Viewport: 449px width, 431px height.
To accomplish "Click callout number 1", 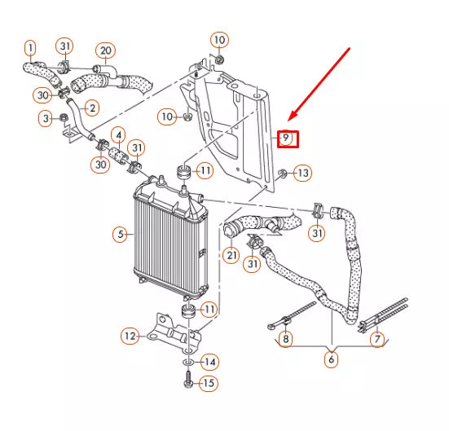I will tap(30, 47).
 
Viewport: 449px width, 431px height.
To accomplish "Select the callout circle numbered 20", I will tap(105, 50).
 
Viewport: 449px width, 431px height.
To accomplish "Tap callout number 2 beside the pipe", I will tap(91, 108).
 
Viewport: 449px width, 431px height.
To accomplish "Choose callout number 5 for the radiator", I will tap(121, 235).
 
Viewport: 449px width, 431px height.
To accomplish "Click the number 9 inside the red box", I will tap(286, 138).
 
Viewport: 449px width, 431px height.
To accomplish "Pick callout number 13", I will tap(302, 173).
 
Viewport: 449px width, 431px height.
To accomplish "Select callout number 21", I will tap(231, 256).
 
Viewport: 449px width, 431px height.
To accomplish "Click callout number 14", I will tap(209, 361).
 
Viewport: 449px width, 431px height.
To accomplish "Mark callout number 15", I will tap(209, 382).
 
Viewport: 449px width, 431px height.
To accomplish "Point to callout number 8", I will tap(285, 338).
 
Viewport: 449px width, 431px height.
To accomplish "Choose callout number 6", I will tap(332, 359).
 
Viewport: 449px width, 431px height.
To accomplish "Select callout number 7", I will tap(376, 338).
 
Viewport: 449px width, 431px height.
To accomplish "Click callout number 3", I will tap(46, 121).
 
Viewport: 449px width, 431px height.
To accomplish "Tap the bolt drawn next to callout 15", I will tap(188, 380).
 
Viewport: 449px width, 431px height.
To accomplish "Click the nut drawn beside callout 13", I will tap(281, 173).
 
